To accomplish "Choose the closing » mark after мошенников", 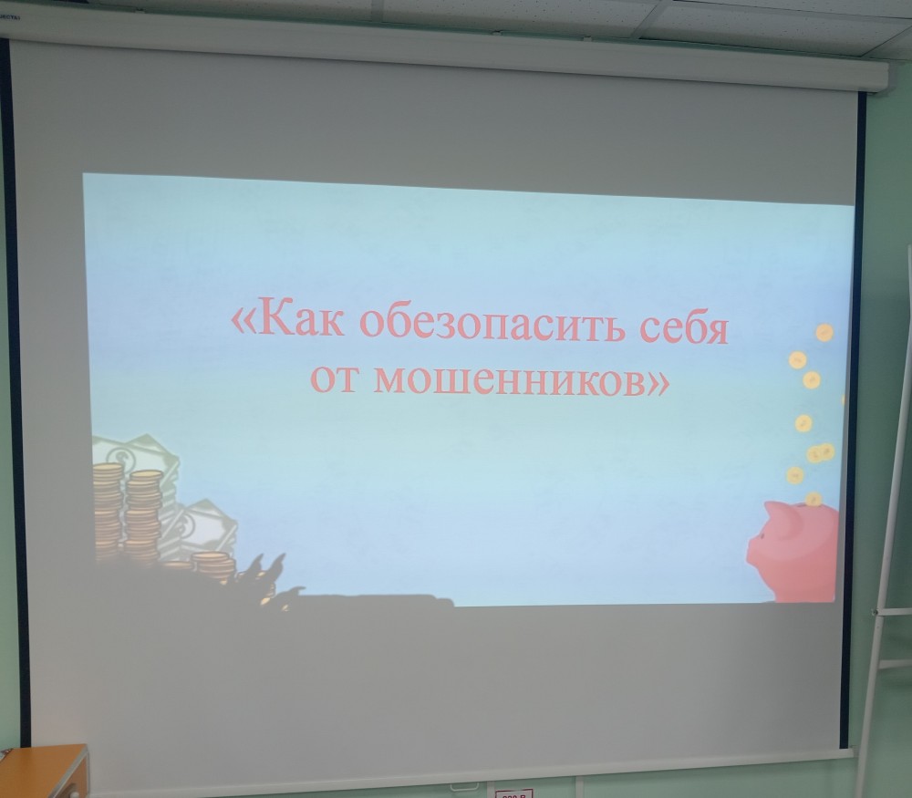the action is (658, 383).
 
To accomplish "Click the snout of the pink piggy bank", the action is (752, 551).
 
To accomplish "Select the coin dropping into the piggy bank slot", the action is (814, 499).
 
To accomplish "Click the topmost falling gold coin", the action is (824, 333).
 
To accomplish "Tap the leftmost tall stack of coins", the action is (109, 512).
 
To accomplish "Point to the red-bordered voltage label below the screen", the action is (514, 793).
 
